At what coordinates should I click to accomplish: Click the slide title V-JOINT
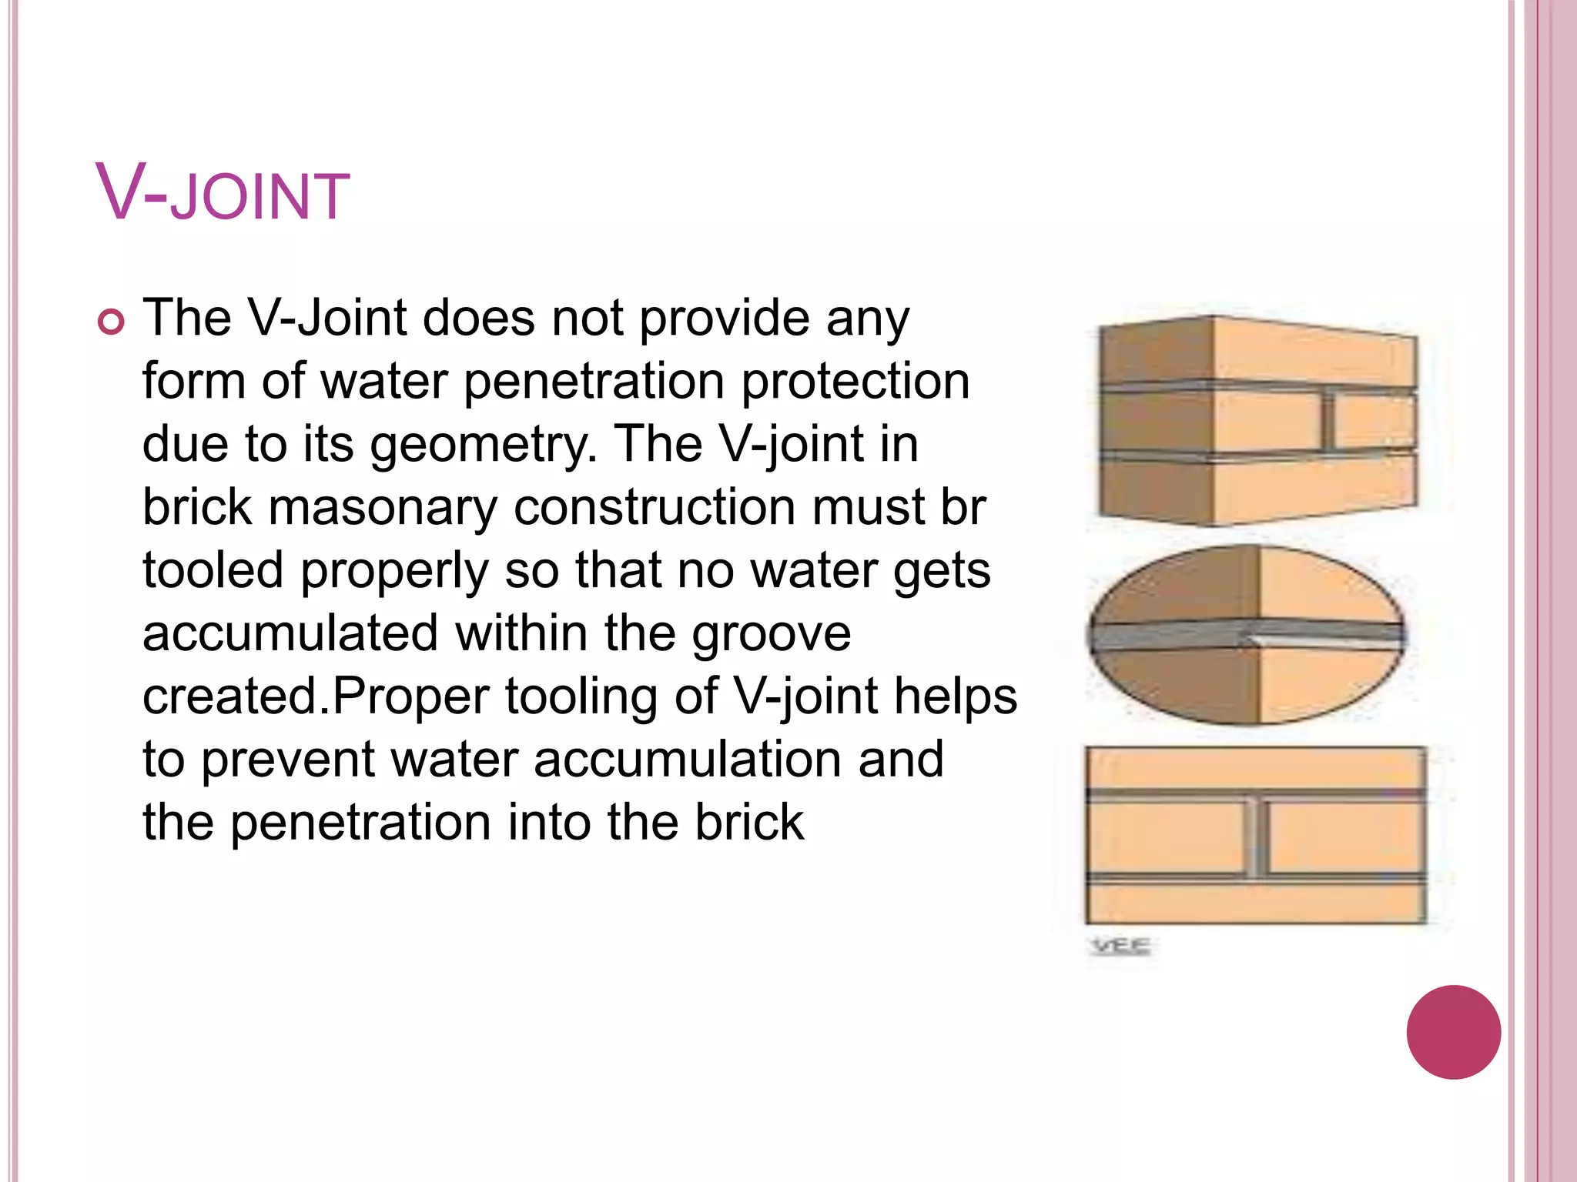(223, 194)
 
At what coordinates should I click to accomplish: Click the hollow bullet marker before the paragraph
(111, 322)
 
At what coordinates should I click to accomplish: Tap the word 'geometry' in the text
(484, 446)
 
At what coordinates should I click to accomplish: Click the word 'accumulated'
(290, 633)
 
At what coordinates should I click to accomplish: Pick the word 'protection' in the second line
(855, 382)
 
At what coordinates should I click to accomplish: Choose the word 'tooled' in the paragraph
(213, 571)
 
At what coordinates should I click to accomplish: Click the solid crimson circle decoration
(1453, 1032)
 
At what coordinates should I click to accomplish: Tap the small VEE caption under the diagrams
(1120, 946)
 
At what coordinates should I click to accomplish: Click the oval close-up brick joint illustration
(1246, 635)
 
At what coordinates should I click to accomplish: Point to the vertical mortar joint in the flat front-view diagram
(1256, 836)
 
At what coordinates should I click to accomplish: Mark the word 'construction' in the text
(655, 508)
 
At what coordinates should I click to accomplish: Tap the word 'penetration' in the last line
(361, 823)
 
